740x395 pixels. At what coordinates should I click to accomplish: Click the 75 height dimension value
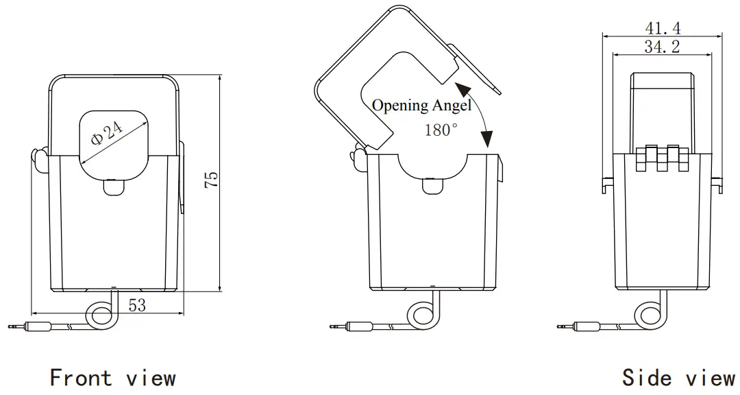pos(212,180)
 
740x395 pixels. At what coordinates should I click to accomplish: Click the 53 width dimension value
pos(137,304)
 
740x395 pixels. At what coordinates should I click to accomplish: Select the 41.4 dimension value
pos(663,28)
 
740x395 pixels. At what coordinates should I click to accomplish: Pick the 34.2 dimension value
pos(663,47)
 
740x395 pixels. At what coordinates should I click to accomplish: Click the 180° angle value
pos(441,130)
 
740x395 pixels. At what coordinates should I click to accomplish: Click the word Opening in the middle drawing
pos(396,106)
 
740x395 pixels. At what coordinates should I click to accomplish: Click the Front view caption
pos(113,378)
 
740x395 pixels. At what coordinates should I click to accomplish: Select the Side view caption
pos(678,378)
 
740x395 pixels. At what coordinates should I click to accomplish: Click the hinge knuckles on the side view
pos(662,158)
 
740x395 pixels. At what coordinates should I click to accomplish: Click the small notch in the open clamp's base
pos(432,186)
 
